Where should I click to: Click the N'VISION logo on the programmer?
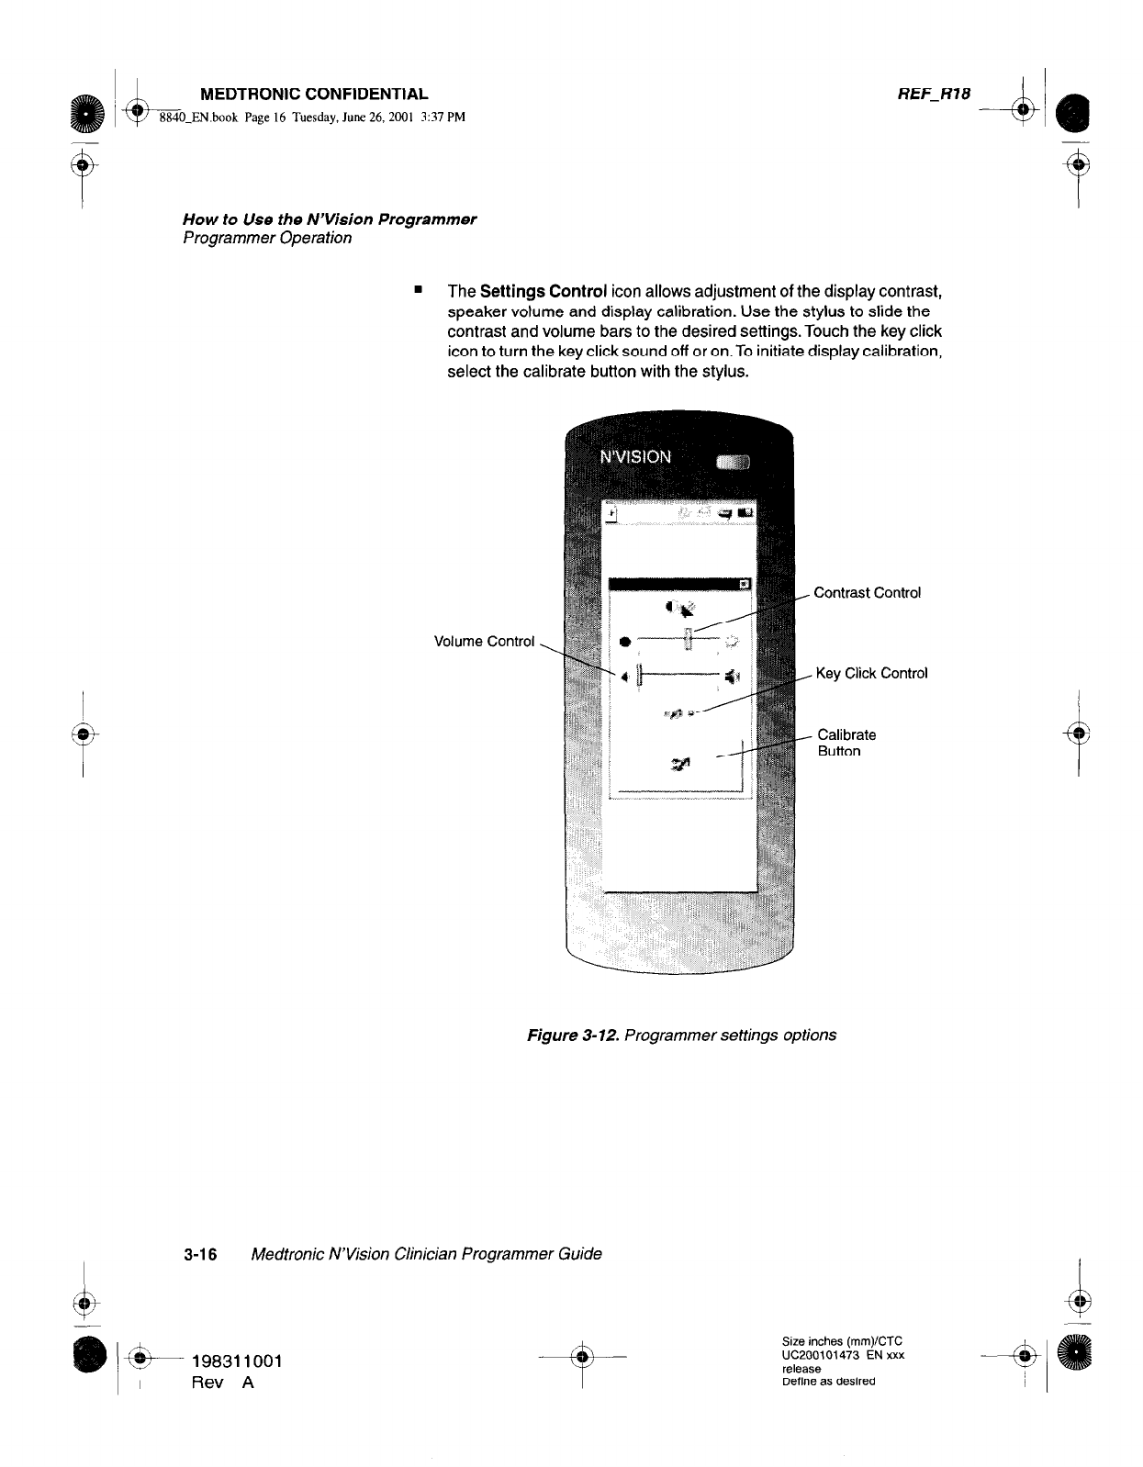tap(635, 456)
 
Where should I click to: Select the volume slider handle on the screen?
tap(641, 678)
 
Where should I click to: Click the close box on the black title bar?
tap(744, 584)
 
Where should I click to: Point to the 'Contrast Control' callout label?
tap(867, 593)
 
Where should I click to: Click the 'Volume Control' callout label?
tap(483, 642)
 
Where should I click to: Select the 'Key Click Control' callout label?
tap(871, 674)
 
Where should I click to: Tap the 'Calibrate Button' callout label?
tap(846, 743)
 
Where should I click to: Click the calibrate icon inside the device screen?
tap(680, 762)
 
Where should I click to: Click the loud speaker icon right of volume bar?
tap(731, 678)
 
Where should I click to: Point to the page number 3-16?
tap(199, 1254)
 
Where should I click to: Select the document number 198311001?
tap(236, 1361)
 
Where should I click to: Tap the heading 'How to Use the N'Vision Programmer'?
tap(330, 219)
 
